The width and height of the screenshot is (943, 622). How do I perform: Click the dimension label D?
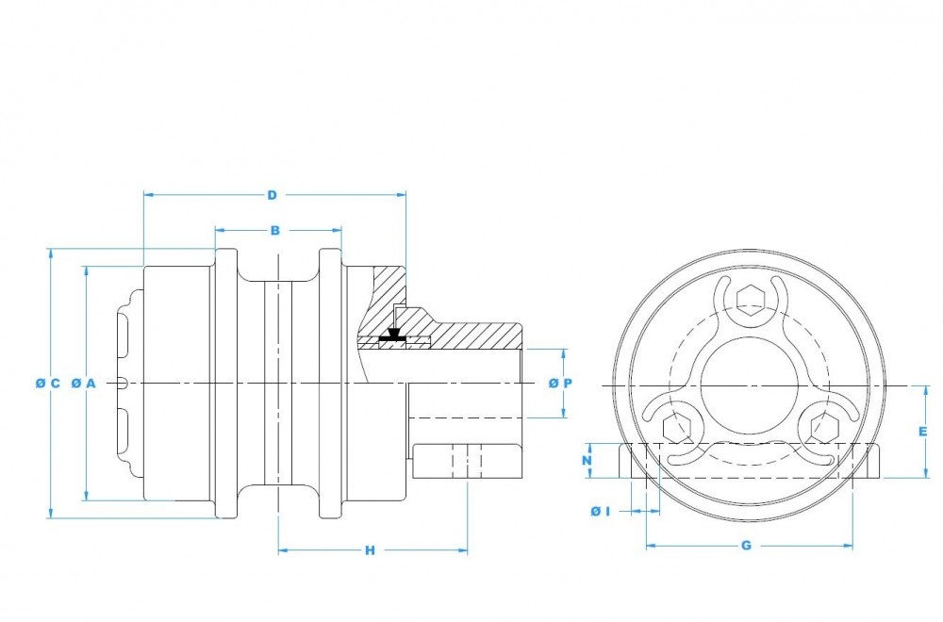(x=272, y=195)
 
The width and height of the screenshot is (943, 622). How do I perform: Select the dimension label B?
(x=274, y=230)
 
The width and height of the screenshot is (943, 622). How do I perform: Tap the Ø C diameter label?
(x=47, y=383)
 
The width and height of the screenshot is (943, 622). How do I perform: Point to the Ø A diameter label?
(x=84, y=383)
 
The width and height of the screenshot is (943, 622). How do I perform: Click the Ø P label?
(x=560, y=383)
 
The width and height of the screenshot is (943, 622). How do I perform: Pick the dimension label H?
(x=370, y=550)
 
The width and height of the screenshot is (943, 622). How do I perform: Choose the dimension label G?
(x=747, y=546)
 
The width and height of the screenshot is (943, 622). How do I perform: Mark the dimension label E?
(x=923, y=431)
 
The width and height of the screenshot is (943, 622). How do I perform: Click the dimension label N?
(x=586, y=461)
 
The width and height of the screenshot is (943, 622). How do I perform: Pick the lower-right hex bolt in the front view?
(x=821, y=427)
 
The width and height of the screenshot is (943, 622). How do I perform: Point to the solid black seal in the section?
(x=393, y=334)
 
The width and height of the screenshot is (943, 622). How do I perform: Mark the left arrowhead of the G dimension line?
(x=649, y=546)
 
